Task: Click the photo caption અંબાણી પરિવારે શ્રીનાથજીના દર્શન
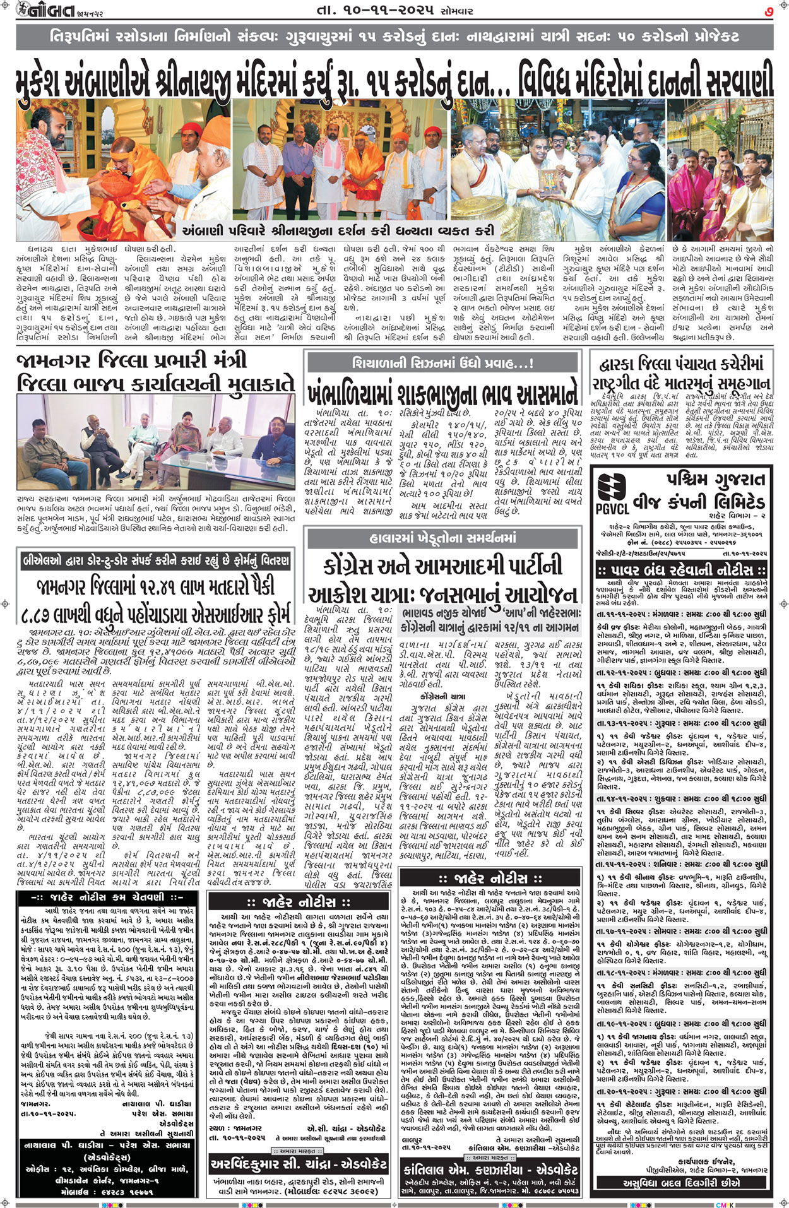(338, 231)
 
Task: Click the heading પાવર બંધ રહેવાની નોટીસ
(681, 570)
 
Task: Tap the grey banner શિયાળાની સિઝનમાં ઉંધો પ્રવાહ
(442, 363)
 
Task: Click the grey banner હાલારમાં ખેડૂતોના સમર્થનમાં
(442, 538)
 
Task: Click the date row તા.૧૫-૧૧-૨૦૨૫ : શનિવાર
(681, 864)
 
